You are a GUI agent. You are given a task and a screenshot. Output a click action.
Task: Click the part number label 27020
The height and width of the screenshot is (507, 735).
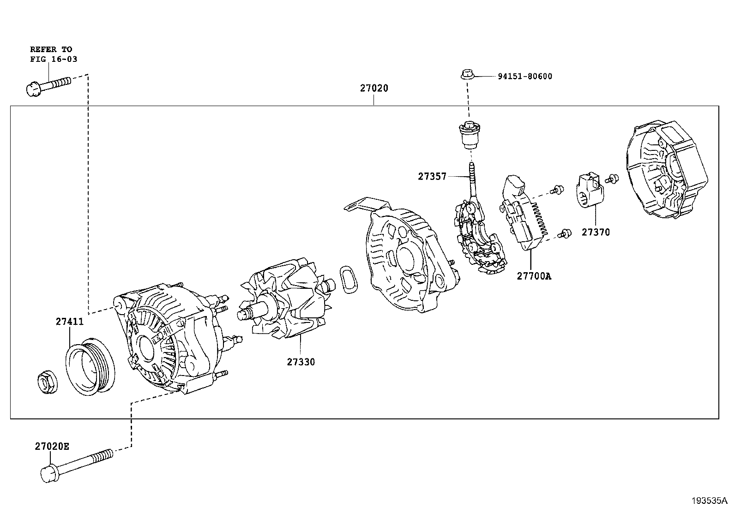pyautogui.click(x=374, y=88)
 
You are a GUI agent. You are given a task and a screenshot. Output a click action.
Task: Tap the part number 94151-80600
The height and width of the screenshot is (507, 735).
pyautogui.click(x=524, y=77)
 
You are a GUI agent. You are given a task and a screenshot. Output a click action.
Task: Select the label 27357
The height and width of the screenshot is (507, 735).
pyautogui.click(x=432, y=176)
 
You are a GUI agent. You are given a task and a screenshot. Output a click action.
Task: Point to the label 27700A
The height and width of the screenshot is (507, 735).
pyautogui.click(x=534, y=276)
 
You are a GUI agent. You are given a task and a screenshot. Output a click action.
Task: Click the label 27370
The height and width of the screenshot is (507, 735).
pyautogui.click(x=595, y=233)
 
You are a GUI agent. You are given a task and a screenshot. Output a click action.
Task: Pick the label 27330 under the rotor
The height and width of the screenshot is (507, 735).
pyautogui.click(x=301, y=362)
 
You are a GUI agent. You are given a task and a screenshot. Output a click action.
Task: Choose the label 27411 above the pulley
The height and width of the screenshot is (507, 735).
pyautogui.click(x=70, y=322)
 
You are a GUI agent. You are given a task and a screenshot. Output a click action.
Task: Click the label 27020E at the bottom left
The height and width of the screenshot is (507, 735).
pyautogui.click(x=52, y=446)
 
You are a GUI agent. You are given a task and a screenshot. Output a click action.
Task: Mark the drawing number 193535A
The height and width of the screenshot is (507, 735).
pyautogui.click(x=709, y=501)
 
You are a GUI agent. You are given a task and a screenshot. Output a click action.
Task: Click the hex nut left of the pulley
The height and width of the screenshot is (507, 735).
pyautogui.click(x=47, y=383)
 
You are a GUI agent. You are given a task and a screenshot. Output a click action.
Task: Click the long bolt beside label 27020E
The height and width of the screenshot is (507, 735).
pyautogui.click(x=76, y=467)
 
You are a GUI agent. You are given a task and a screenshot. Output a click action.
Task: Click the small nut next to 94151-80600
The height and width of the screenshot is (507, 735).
pyautogui.click(x=467, y=74)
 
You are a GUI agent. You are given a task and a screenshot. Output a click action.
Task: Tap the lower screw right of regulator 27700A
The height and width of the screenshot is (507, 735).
pyautogui.click(x=563, y=234)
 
